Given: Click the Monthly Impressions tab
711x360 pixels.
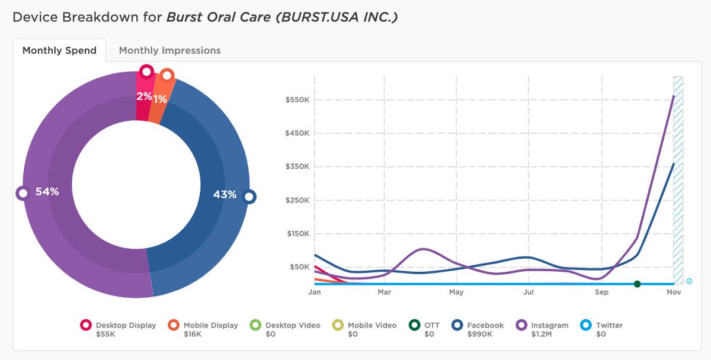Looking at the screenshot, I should pos(169,50).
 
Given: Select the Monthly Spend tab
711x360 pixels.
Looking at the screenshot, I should pos(59,50).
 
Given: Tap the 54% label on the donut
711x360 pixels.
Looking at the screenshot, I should pos(47,192).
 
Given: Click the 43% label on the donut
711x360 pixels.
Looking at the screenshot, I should pos(225,194).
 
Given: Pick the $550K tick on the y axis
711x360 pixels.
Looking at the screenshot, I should pos(297,99).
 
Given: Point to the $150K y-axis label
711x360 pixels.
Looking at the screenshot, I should pos(297,233).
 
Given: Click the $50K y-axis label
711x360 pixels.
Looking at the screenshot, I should pos(299,267).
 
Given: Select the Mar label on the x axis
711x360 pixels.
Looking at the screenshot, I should pos(383,292).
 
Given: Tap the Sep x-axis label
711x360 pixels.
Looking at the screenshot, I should pos(601,292).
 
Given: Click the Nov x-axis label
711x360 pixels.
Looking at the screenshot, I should pos(674,292).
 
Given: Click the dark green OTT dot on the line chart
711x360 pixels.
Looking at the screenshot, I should pos(637,284).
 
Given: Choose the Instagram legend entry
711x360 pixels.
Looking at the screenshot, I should pos(548,325).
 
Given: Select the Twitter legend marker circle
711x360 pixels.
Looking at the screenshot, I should pos(585,325).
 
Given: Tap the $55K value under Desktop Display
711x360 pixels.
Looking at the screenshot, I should pos(105,334).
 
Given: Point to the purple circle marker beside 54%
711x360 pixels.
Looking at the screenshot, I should pos(23,193).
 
